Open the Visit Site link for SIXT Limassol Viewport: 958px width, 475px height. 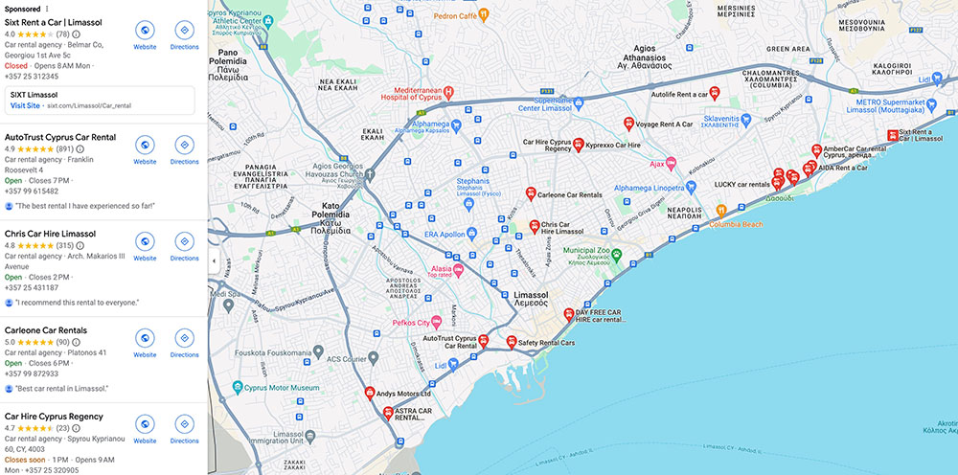tap(27, 105)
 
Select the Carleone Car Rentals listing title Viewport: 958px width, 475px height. tap(45, 329)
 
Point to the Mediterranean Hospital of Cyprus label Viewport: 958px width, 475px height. tap(402, 93)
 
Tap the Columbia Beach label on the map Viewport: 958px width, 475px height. tap(736, 224)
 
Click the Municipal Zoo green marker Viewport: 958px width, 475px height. tap(618, 255)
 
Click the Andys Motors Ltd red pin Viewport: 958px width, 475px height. tap(370, 393)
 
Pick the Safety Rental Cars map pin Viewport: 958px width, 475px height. tap(511, 342)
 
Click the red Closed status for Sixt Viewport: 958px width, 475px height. tap(16, 66)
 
